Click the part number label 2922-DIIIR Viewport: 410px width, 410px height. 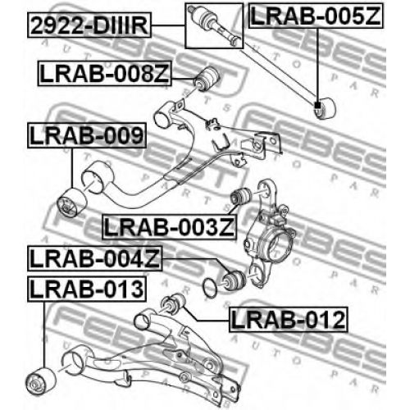(x=89, y=25)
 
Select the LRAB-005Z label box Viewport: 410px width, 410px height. (x=316, y=16)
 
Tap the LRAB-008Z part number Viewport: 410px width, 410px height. (x=104, y=74)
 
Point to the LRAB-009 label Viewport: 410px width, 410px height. (x=87, y=135)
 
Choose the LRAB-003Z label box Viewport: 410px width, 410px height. (x=169, y=227)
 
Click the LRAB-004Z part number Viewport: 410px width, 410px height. (x=95, y=258)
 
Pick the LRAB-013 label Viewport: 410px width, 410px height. (x=87, y=289)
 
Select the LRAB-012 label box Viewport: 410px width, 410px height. (x=289, y=320)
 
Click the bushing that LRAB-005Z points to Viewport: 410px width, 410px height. (x=325, y=108)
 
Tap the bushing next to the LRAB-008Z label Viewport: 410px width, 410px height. (x=207, y=79)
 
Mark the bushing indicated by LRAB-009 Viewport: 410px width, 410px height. (x=71, y=203)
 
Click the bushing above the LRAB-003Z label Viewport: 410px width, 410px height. (x=240, y=196)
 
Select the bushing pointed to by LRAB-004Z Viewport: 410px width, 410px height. (x=233, y=280)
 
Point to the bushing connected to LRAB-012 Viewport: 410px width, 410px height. (x=173, y=303)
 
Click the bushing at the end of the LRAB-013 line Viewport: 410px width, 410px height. (x=41, y=381)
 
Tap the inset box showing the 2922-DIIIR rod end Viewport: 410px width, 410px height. (x=214, y=26)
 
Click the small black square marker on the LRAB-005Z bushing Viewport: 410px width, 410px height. (x=317, y=105)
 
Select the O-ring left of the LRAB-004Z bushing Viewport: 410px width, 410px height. (x=211, y=288)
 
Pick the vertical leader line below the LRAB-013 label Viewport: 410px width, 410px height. (x=43, y=335)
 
